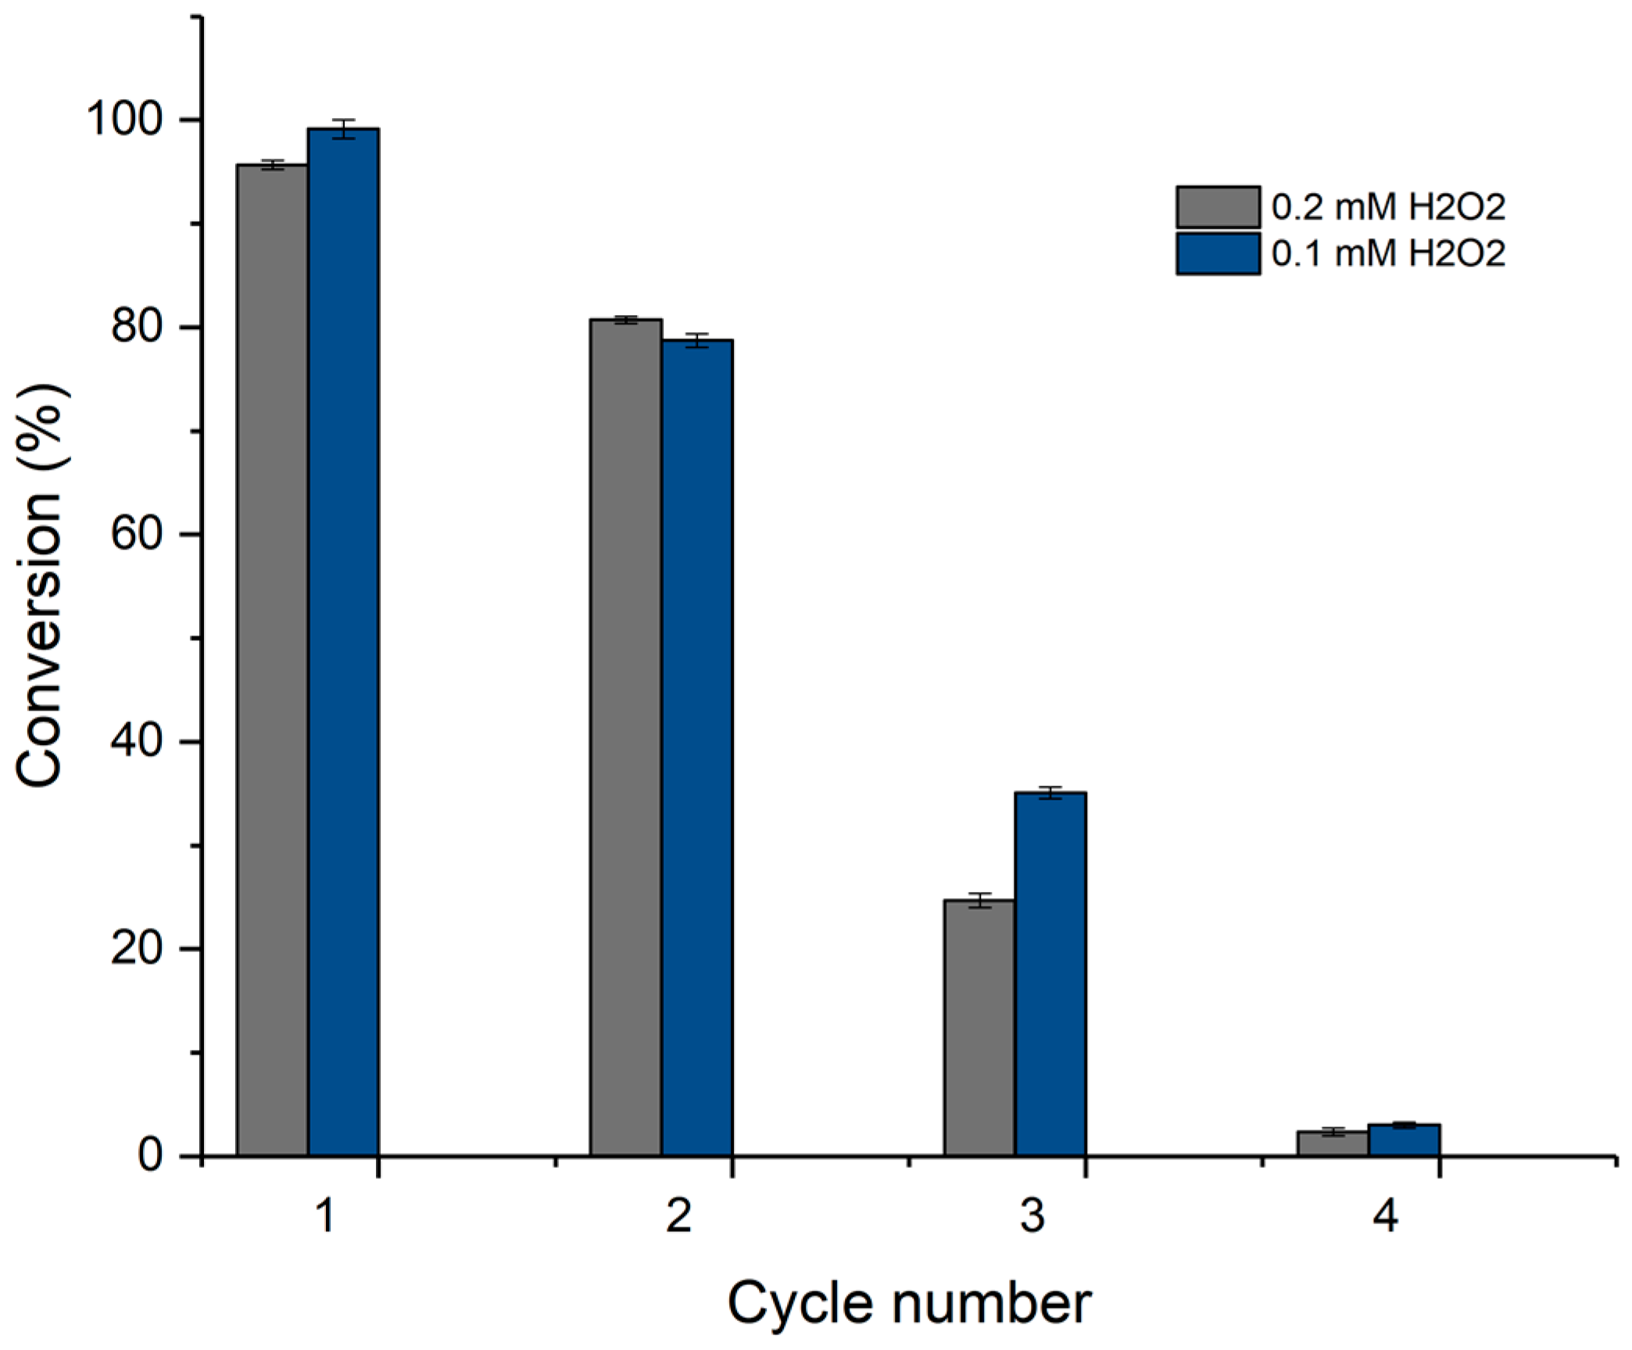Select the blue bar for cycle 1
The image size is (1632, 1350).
(x=343, y=641)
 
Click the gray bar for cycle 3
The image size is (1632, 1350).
(x=979, y=1027)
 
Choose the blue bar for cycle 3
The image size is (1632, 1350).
(x=1050, y=973)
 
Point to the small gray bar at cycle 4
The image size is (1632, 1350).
(x=1333, y=1143)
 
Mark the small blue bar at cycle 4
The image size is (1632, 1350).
(x=1404, y=1140)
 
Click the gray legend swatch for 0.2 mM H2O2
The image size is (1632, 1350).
(x=1218, y=206)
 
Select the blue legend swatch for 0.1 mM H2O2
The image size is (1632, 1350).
(x=1218, y=253)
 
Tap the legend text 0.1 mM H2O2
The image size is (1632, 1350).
(x=1388, y=253)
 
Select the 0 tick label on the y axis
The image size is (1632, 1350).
(x=149, y=1155)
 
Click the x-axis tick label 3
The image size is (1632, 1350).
(x=1032, y=1216)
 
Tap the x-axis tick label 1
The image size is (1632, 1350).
(x=325, y=1216)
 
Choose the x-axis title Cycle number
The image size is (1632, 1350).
(x=908, y=1303)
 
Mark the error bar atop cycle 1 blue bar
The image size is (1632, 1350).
(x=343, y=128)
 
